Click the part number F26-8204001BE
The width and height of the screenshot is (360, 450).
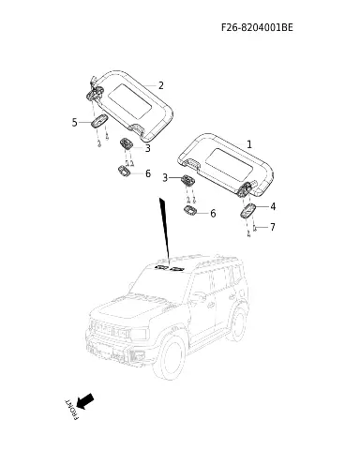click(x=257, y=27)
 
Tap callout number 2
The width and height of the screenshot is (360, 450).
click(x=161, y=85)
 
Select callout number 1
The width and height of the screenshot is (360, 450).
click(x=249, y=144)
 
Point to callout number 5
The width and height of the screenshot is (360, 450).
click(x=74, y=122)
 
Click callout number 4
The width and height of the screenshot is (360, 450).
click(x=273, y=206)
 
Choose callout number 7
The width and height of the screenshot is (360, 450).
click(x=273, y=227)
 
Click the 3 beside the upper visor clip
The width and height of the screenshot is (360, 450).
click(x=148, y=148)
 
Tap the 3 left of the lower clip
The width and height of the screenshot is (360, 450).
click(x=165, y=178)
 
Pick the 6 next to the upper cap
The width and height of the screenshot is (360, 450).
click(x=148, y=173)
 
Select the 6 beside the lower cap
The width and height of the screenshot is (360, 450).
click(x=213, y=214)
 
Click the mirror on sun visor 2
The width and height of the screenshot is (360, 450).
click(x=130, y=101)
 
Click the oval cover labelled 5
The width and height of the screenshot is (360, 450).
click(x=99, y=121)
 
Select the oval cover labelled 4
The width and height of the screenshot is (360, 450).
click(x=248, y=211)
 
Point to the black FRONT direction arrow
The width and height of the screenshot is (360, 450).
click(x=85, y=401)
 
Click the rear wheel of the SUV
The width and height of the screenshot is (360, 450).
click(x=237, y=322)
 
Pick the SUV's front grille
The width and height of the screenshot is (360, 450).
click(x=110, y=331)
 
